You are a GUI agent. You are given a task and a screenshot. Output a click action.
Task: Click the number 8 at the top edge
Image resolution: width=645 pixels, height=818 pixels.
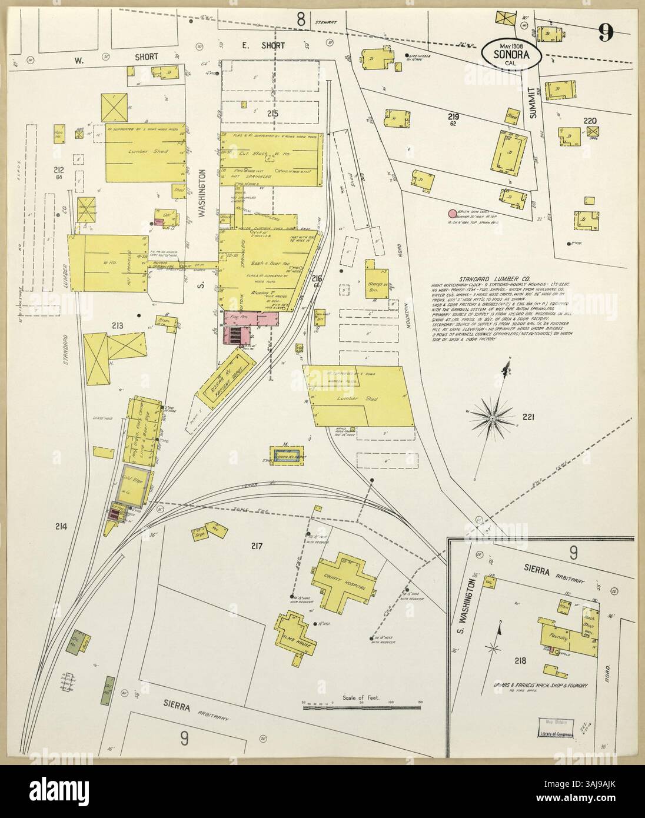click(301, 20)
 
